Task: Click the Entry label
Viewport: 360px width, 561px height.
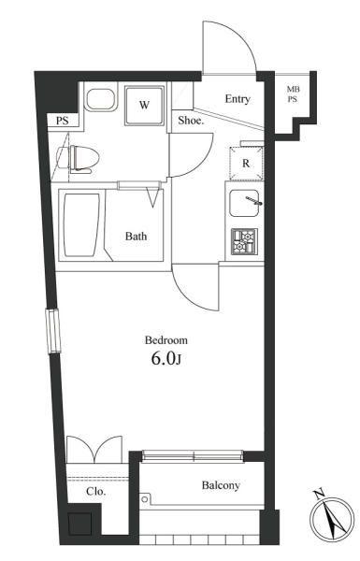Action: point(238,99)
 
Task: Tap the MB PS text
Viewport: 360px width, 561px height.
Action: point(293,94)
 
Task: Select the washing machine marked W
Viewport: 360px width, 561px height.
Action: point(144,105)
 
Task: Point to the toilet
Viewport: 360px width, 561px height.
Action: point(78,158)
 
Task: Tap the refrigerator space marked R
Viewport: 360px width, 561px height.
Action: point(246,163)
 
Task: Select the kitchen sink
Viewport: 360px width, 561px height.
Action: point(244,203)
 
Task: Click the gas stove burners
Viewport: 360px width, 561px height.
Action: point(244,241)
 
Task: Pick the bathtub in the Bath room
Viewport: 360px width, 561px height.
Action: point(81,225)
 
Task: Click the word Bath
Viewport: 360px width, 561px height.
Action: point(136,237)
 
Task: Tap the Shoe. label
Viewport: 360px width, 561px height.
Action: point(191,121)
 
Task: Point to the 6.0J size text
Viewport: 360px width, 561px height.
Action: point(166,358)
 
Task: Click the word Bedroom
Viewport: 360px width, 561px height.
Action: point(166,340)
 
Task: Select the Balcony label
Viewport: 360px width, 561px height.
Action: point(221,485)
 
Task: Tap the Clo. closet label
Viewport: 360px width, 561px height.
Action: point(96,491)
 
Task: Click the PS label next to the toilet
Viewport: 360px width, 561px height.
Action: point(63,121)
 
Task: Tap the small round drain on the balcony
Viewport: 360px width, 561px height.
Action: point(144,498)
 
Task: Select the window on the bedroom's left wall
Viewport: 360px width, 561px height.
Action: point(52,331)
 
